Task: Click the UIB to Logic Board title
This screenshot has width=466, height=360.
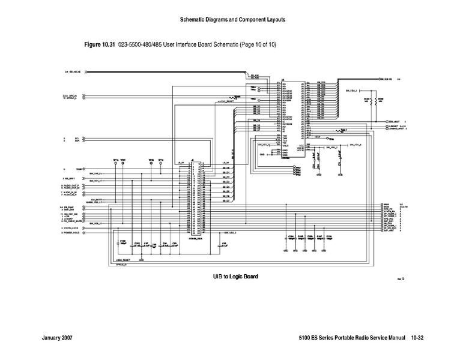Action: point(235,277)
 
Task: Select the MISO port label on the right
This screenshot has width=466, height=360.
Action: point(387,204)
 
